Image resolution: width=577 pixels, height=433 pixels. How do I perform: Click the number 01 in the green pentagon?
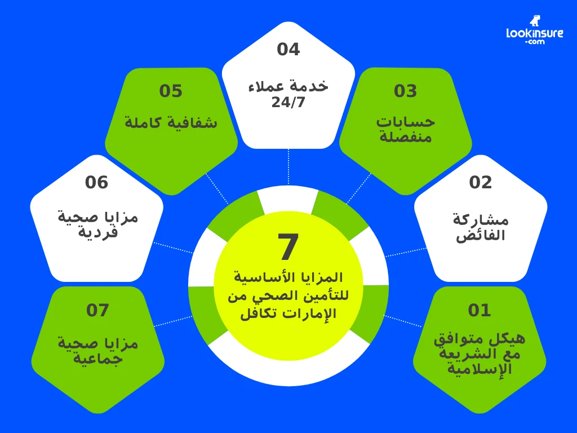480,310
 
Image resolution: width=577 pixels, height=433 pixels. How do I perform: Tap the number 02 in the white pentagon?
481,182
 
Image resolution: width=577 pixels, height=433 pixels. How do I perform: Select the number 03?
405,91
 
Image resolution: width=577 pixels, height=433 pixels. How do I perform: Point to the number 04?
288,49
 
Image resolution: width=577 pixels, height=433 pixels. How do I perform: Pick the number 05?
171,91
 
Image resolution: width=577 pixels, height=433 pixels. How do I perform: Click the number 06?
96,182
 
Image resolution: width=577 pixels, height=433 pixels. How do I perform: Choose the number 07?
97,310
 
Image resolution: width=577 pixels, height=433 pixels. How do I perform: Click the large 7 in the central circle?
288,246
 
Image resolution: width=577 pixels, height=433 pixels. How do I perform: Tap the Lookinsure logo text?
535,34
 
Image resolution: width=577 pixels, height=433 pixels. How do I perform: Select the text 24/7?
288,103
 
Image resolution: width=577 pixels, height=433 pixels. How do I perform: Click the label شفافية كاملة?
171,122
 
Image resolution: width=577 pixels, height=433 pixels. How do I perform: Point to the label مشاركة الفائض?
481,227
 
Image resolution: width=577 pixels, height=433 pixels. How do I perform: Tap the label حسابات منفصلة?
405,129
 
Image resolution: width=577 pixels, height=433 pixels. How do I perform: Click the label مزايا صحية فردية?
97,224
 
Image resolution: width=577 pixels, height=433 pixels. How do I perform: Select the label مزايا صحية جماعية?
97,350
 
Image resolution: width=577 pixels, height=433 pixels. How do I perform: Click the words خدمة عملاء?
288,87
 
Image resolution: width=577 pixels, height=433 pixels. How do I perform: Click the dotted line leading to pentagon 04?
288,167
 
